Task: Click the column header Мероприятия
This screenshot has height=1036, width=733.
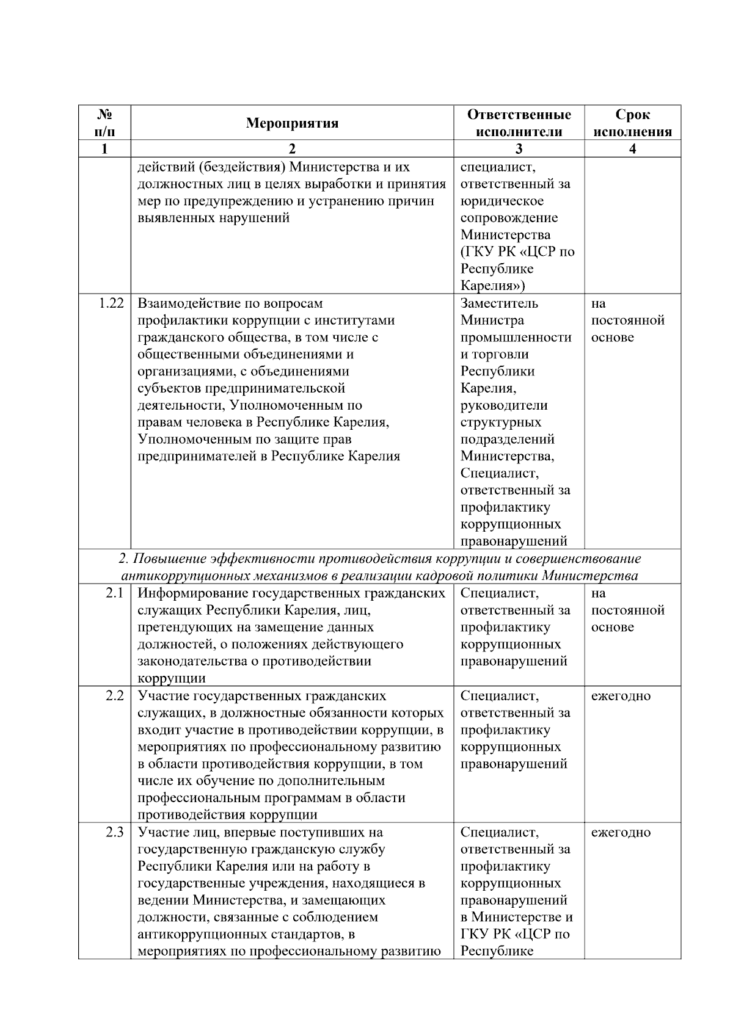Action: point(292,123)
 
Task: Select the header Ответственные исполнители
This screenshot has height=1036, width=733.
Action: point(519,123)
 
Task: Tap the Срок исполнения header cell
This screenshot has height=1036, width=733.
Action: point(632,123)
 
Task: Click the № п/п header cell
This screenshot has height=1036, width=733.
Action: point(104,123)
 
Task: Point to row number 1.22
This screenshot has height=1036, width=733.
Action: point(111,303)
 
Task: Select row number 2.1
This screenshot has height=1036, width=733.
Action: point(114,593)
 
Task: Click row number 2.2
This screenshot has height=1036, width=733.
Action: point(114,696)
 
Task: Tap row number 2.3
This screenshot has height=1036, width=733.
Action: point(114,833)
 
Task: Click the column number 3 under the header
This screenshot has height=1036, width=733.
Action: point(519,149)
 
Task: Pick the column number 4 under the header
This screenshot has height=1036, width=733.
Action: point(632,149)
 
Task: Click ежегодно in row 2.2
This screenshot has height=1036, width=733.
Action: point(621,696)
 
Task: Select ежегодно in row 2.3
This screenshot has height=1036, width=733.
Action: point(621,833)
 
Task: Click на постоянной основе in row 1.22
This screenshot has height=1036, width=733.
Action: point(627,321)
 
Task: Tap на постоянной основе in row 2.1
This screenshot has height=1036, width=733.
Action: point(627,610)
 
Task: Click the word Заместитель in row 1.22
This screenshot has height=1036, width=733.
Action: point(499,303)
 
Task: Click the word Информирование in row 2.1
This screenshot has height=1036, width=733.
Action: point(189,593)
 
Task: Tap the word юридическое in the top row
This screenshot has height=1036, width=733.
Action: point(501,201)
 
